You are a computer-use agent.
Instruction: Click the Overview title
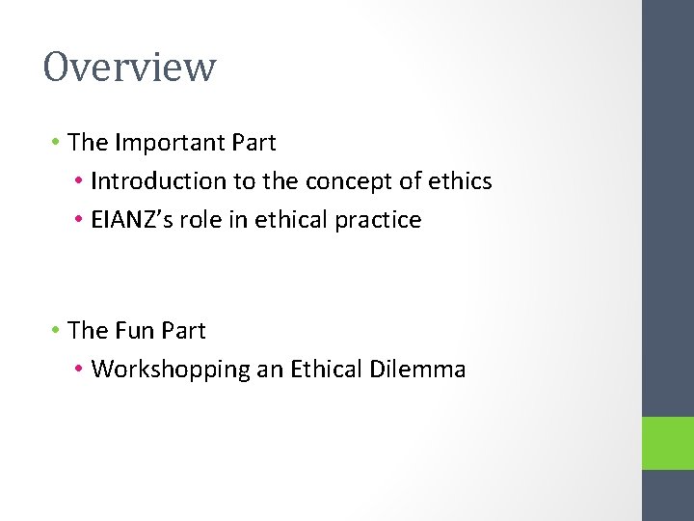click(129, 68)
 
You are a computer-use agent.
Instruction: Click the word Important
click(170, 143)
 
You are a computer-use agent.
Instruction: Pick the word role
click(198, 220)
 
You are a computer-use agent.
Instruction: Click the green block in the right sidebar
click(668, 443)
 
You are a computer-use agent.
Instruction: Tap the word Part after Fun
click(183, 331)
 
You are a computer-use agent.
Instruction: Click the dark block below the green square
click(668, 495)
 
